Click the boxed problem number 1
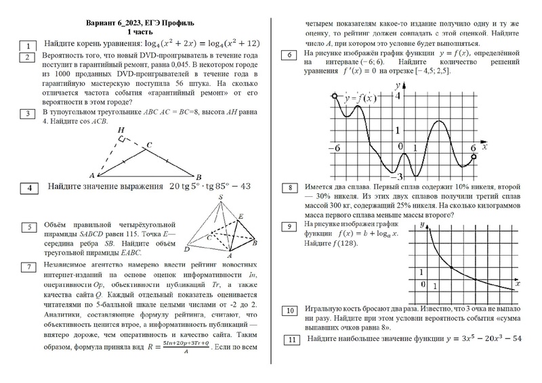click(x=28, y=45)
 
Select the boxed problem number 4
click(x=28, y=189)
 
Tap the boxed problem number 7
click(x=28, y=266)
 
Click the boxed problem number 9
click(x=290, y=226)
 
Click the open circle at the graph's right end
click(x=474, y=156)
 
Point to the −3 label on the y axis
click(x=400, y=174)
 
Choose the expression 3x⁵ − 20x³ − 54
click(x=480, y=338)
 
